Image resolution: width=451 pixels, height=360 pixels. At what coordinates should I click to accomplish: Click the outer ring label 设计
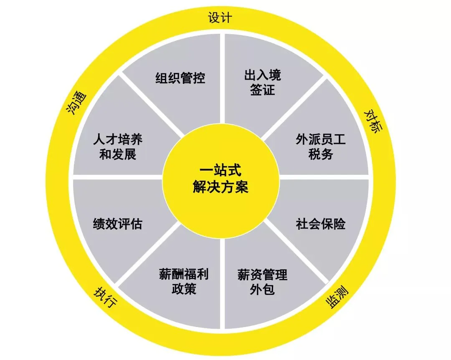point(220,18)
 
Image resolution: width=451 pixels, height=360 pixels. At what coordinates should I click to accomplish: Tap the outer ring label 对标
point(373,121)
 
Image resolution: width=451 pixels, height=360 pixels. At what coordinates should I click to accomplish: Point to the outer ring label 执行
point(104,298)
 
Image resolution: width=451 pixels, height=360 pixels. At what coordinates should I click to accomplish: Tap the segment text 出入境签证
point(263,82)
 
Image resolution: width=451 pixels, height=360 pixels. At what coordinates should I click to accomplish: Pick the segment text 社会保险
point(321,224)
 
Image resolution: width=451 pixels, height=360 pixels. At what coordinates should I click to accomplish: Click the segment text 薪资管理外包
point(262,282)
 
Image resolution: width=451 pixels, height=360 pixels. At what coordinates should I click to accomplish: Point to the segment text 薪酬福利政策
point(184,282)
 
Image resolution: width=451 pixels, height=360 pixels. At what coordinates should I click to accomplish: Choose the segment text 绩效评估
point(117,224)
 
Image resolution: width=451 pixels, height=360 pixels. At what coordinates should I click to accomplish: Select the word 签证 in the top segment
point(263,90)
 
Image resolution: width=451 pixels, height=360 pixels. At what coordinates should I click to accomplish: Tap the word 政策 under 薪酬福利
point(184,289)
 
